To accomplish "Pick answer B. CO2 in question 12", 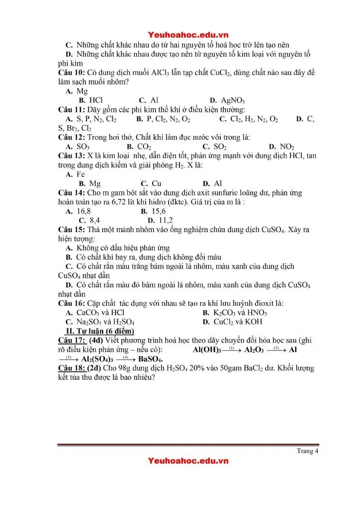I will tap(139, 147).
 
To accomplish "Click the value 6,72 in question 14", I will tap(155, 202).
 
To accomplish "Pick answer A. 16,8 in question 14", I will tap(78, 211).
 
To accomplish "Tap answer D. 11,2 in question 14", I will tap(160, 220).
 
